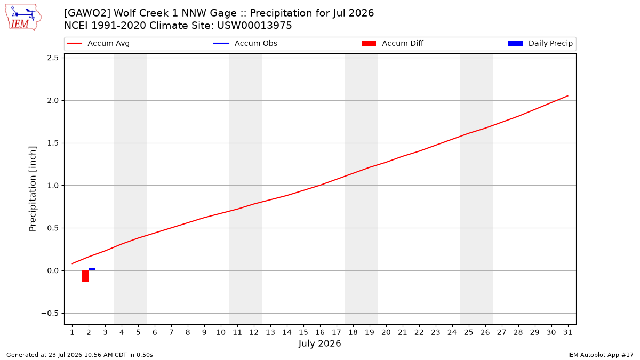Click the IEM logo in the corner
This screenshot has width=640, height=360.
[23, 18]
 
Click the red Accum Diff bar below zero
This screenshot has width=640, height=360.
[85, 276]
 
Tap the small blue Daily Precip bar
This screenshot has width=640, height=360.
[92, 269]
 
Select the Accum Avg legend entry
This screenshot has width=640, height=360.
[98, 43]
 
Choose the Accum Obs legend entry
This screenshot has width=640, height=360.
[245, 43]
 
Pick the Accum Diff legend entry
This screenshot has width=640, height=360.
[393, 43]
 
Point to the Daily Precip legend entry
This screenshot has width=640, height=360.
[540, 43]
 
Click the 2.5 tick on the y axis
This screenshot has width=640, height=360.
[53, 58]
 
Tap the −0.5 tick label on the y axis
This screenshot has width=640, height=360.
[50, 314]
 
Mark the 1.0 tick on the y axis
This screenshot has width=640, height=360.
[53, 186]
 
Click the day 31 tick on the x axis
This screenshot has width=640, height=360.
[567, 332]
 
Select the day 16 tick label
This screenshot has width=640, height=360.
[320, 332]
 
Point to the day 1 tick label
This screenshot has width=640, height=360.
[73, 332]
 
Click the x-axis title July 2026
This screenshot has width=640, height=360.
[319, 343]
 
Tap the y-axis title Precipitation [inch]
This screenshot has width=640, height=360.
[33, 189]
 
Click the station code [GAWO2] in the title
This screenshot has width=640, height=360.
[87, 13]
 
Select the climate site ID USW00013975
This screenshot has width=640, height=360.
[254, 26]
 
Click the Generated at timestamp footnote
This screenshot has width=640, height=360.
[79, 355]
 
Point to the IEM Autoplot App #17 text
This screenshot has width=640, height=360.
[601, 355]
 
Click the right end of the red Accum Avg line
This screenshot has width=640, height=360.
[567, 96]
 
